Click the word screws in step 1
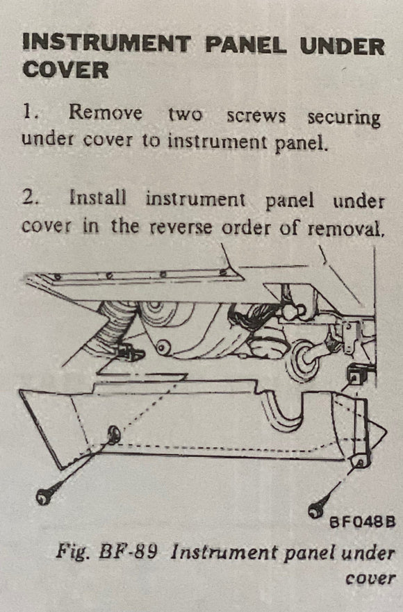coord(256,116)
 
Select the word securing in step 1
coord(343,117)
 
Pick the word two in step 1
coord(184,115)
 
